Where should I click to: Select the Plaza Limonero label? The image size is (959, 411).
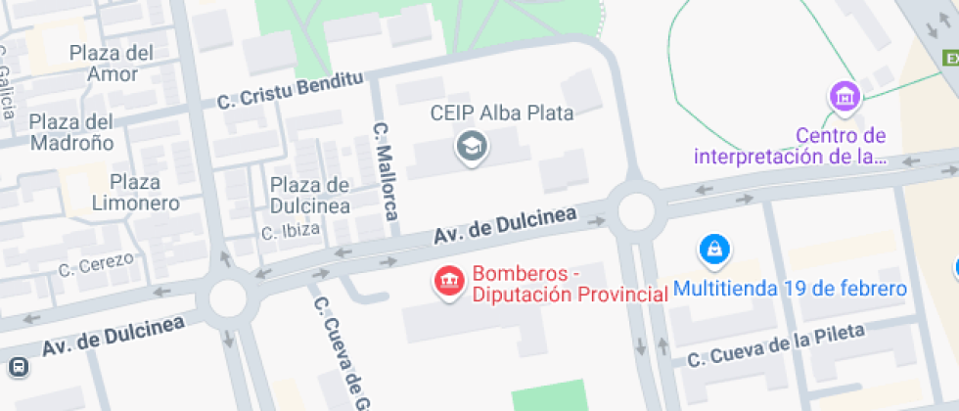[x=136, y=193]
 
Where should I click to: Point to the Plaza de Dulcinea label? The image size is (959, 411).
[x=310, y=195]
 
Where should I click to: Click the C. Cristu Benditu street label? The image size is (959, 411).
[x=290, y=89]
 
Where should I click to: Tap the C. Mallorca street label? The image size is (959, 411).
[x=388, y=170]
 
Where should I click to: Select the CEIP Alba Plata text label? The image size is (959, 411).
[x=502, y=113]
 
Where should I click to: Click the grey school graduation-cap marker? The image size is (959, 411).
[x=474, y=148]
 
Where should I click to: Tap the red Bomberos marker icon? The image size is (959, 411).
[x=449, y=283]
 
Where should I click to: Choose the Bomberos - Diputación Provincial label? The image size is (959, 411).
[x=563, y=285]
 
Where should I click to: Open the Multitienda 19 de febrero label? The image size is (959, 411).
[x=791, y=289]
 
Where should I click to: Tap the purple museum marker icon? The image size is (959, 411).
[x=844, y=97]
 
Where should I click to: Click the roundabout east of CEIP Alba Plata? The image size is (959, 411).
[x=634, y=209]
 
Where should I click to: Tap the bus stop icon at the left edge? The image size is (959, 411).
[x=18, y=367]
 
